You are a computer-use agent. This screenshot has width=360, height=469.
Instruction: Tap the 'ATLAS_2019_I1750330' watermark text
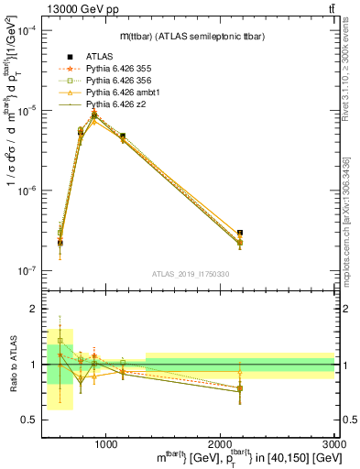191,274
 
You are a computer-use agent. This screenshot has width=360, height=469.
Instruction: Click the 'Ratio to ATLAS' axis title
12,364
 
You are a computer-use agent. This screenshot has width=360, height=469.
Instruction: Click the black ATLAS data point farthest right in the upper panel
240,233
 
